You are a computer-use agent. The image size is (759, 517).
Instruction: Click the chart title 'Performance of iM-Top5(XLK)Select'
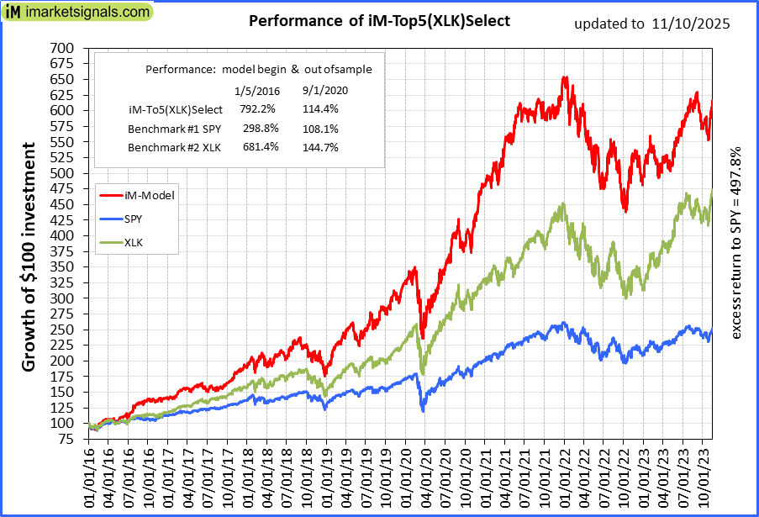[379, 21]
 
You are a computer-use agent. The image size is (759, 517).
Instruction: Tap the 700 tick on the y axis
[65, 47]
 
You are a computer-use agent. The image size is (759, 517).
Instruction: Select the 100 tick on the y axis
[65, 423]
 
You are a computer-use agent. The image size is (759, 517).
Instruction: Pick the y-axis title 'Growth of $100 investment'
[28, 257]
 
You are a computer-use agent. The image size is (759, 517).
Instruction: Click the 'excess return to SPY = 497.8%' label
[736, 244]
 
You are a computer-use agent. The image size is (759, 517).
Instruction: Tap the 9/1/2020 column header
[323, 90]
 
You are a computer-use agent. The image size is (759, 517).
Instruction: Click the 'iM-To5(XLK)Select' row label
[175, 108]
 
